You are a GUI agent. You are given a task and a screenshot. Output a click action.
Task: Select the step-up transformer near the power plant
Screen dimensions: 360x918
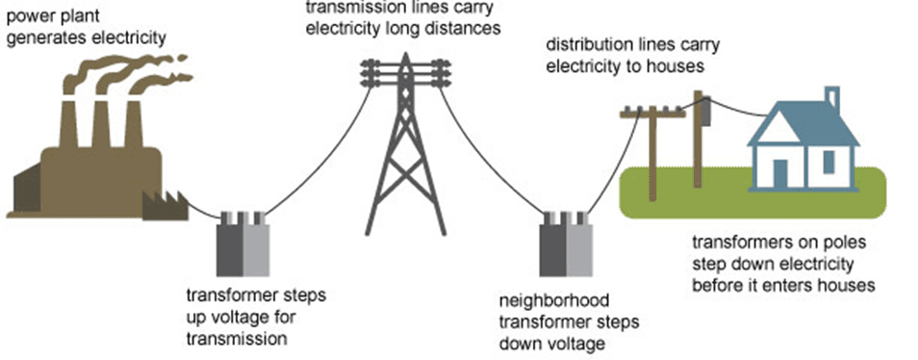point(242,245)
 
